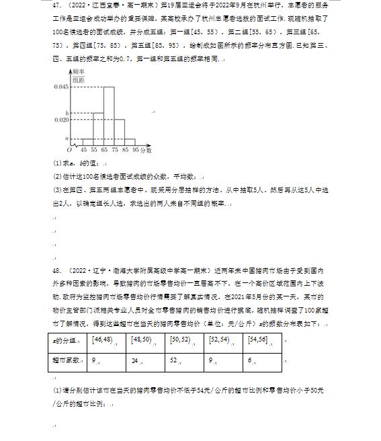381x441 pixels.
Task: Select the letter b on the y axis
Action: coord(66,112)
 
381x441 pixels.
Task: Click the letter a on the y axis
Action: coord(66,137)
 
